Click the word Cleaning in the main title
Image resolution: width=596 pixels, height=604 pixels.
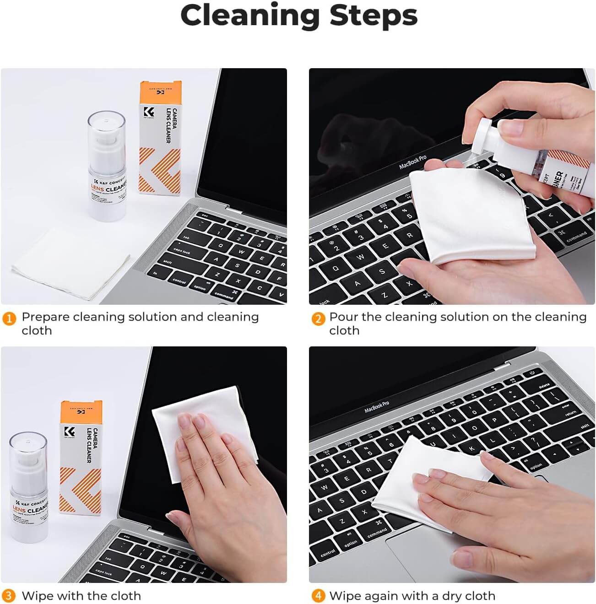[250, 16]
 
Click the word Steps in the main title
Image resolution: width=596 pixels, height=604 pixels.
[373, 16]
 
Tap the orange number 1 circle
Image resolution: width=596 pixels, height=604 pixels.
[9, 318]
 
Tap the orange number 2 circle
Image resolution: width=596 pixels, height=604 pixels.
[318, 318]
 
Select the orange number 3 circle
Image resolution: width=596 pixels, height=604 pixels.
[9, 596]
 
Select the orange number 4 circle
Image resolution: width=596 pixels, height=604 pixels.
[318, 596]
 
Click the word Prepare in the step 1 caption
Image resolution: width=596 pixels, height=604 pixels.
[46, 317]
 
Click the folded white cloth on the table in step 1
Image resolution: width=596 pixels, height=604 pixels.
[69, 263]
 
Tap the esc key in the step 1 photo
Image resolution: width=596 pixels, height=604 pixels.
[205, 215]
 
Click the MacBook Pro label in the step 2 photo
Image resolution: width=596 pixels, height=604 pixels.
[412, 162]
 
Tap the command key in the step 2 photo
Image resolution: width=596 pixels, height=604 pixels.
[576, 237]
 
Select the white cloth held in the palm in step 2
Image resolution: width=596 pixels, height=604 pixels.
[471, 215]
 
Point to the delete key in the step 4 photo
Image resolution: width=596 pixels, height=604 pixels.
[544, 386]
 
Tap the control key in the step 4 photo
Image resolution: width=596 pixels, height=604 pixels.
[327, 553]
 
